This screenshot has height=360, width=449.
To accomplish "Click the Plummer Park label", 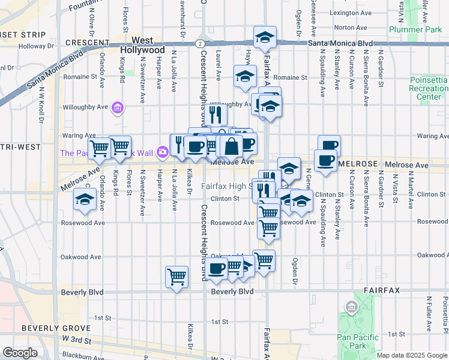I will point(415,29).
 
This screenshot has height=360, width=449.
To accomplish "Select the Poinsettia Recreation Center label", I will point(429,88).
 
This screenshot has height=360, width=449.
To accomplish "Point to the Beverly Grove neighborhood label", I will point(55,328).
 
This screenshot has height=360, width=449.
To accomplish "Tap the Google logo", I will point(19,352).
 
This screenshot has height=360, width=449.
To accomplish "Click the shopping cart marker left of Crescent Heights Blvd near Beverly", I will point(176,277).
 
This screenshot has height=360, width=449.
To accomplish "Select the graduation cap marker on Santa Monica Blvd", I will point(265,38).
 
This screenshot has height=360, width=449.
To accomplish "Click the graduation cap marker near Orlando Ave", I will point(85,199).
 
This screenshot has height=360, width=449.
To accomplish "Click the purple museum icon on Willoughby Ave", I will point(118,108).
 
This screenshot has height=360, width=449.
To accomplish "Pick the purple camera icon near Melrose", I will point(162,152).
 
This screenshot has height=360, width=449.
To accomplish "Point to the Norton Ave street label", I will point(346,28).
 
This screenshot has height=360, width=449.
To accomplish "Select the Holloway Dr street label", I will point(36,46).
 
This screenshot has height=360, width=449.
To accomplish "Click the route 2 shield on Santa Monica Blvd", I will point(199,43).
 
